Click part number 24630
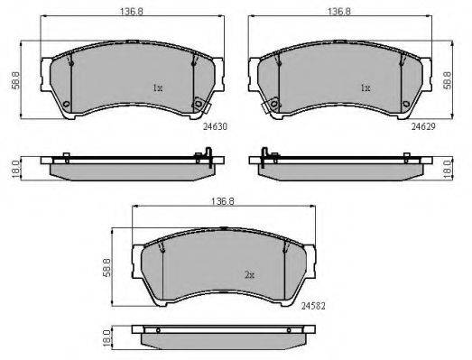pos(215,126)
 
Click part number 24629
pos(423,126)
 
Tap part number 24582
pos(313,306)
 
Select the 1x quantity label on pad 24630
pos(158,88)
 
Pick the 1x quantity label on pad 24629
pos(366,88)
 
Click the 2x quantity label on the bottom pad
pos(250,275)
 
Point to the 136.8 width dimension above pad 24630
pos(132,12)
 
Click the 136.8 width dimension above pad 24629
pos(339,12)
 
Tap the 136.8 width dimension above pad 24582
pos(223,201)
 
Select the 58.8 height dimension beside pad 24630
pos(15,80)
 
